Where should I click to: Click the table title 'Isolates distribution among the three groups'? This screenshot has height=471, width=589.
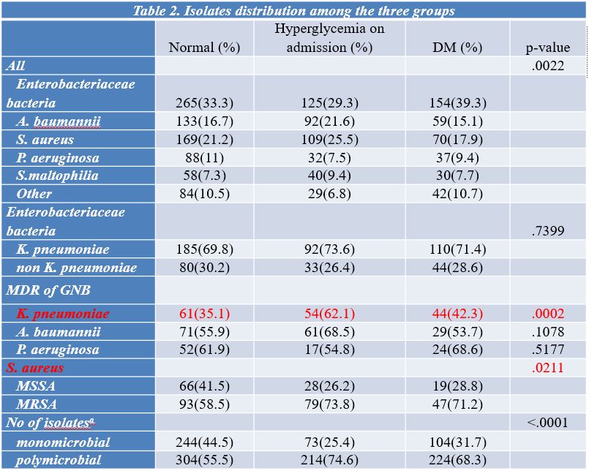tap(319, 10)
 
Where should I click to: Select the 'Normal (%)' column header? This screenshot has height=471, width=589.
tap(204, 48)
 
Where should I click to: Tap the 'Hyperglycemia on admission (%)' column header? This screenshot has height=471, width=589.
tap(329, 38)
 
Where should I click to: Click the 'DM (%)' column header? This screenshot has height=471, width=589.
tap(457, 48)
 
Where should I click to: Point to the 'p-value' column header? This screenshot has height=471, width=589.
tap(548, 48)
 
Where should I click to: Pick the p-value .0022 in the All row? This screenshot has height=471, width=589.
tap(548, 66)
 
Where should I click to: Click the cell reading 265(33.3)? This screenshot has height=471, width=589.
tap(204, 102)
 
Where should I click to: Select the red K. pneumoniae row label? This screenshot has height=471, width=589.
tap(63, 314)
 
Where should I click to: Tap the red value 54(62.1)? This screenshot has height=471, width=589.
tap(329, 313)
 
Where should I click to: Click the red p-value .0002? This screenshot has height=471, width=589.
tap(548, 313)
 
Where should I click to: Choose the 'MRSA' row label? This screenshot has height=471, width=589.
tap(37, 404)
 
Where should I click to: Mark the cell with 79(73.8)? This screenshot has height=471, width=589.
tap(329, 404)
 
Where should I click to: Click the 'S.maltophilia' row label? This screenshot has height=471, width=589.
tap(57, 176)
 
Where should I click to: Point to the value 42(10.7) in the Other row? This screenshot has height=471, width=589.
tap(457, 194)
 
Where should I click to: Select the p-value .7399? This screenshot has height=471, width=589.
tap(548, 230)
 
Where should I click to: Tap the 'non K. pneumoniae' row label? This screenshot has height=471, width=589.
tap(77, 268)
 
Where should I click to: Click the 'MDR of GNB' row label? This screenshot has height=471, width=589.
tap(48, 290)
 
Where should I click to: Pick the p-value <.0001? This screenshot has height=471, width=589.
tap(547, 423)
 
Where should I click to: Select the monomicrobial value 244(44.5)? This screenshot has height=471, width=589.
tap(204, 442)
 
